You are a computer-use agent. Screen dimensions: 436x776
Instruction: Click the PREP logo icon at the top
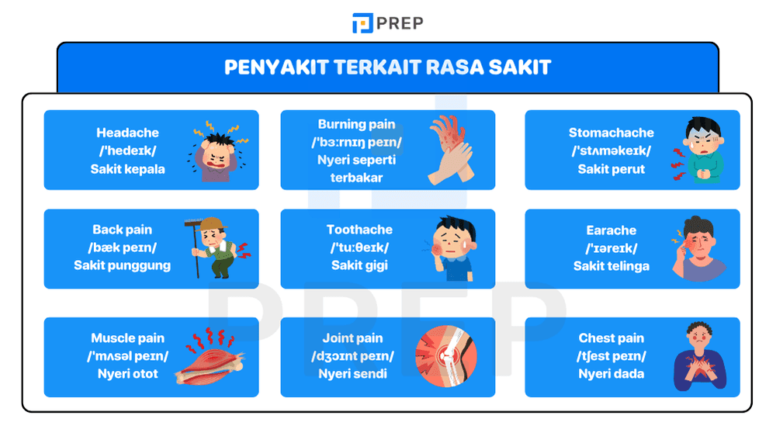(x=362, y=23)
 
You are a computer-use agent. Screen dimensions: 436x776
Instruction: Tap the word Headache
(x=127, y=133)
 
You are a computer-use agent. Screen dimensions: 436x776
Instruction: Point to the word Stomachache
(x=611, y=133)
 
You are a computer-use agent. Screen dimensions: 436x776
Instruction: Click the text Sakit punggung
(x=122, y=265)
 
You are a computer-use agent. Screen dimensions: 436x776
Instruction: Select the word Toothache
(x=359, y=230)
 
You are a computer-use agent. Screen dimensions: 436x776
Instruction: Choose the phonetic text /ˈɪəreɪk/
(x=611, y=248)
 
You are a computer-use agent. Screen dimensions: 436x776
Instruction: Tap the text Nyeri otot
(x=127, y=373)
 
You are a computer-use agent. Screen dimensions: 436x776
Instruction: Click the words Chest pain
(x=611, y=338)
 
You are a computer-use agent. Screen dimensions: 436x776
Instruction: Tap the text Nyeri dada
(x=611, y=373)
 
